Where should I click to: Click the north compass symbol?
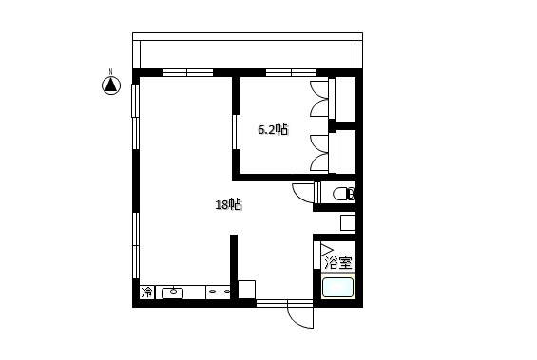point(111,85)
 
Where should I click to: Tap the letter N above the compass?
point(110,71)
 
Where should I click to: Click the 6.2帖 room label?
point(273,130)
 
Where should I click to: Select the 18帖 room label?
point(228,204)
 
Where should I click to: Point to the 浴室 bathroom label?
point(338,263)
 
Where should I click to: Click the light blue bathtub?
point(337,288)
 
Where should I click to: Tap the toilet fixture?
point(343,194)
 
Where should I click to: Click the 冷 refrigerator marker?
point(147,293)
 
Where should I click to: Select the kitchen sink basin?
point(173,293)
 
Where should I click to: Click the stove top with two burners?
point(219,292)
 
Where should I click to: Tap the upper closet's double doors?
point(319,99)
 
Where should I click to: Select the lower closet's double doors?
point(319,153)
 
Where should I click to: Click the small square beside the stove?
point(246,290)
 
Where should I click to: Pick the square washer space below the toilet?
point(348,222)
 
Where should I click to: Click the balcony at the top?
point(247,51)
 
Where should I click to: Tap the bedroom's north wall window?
point(291,72)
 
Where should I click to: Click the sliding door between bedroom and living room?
point(236,132)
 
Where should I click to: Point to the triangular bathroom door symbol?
point(326,250)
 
